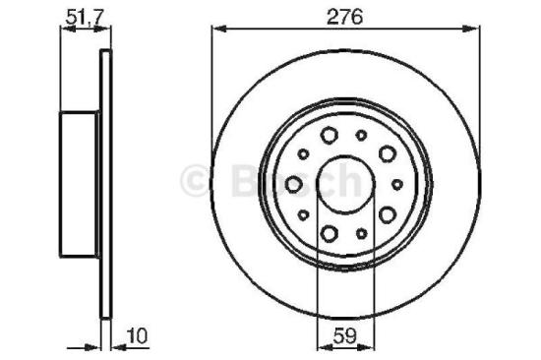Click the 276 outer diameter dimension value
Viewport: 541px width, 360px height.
tap(345, 16)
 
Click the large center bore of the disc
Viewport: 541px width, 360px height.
tap(345, 183)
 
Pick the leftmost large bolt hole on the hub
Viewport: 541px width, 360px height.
tap(293, 183)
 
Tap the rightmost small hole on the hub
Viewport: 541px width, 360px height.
tap(397, 184)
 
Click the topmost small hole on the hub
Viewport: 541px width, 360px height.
tap(361, 134)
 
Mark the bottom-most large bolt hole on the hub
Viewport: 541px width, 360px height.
tap(330, 232)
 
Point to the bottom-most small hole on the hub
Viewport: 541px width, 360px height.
tap(361, 233)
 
